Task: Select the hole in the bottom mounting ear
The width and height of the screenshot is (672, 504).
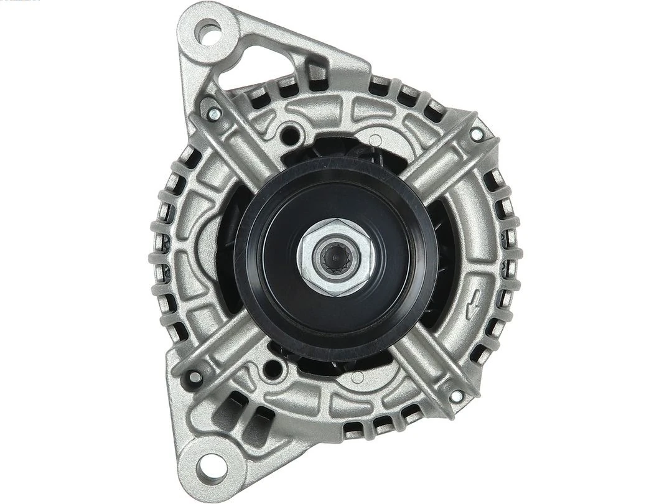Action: [x=210, y=463]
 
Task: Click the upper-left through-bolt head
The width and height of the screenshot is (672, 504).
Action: [x=213, y=113]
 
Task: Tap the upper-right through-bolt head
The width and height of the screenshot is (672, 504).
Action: [x=475, y=134]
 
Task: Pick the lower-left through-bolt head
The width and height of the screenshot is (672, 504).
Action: [x=195, y=376]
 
